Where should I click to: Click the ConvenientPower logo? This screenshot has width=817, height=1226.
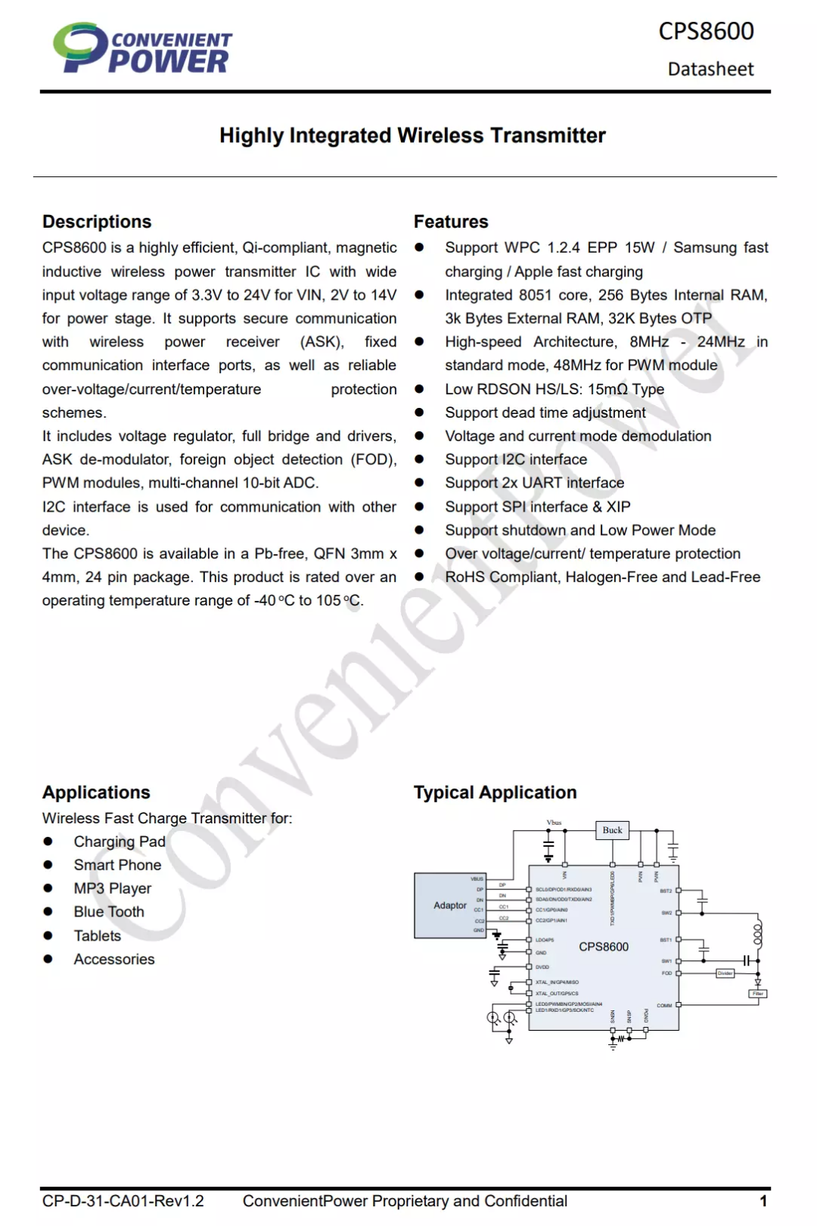(142, 48)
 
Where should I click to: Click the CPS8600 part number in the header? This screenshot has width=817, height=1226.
(706, 31)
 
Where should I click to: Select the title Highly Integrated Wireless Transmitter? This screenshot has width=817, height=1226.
(412, 135)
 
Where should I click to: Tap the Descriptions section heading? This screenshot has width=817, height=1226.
(97, 222)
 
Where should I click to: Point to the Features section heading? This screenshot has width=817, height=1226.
(451, 222)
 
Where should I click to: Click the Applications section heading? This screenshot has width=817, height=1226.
(96, 792)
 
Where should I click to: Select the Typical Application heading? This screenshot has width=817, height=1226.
(495, 792)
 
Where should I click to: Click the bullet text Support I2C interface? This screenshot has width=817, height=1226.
(516, 459)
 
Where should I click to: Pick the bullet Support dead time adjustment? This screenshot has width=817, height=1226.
(545, 412)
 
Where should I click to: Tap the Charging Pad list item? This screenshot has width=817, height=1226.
(120, 842)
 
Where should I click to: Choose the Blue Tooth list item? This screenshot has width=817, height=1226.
(109, 912)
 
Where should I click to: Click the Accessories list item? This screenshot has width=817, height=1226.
(114, 959)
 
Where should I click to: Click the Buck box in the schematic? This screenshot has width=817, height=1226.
(612, 830)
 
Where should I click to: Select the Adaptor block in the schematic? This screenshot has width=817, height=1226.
(450, 905)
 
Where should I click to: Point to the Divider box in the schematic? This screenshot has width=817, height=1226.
(725, 973)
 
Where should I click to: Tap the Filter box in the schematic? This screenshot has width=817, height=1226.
(757, 994)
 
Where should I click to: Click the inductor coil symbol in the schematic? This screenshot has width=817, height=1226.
(757, 935)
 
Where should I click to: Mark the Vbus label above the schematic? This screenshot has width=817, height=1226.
(554, 822)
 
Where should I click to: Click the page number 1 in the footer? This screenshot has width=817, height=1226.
(763, 1201)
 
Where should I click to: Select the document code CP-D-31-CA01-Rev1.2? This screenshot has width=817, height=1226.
(123, 1201)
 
